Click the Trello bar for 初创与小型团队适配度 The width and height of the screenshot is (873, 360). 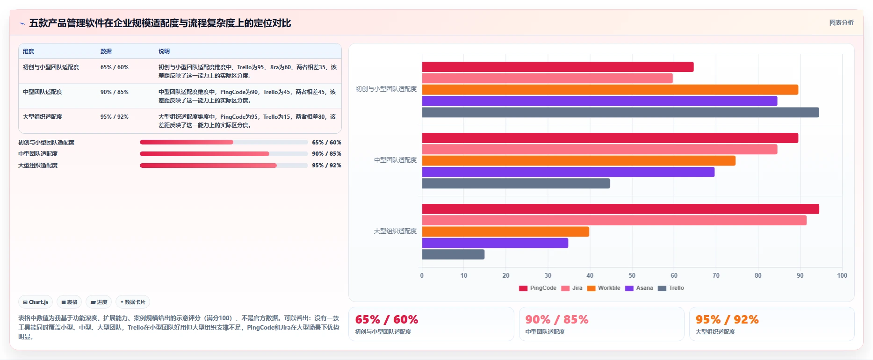pos(620,112)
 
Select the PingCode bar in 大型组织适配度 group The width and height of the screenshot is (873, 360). pos(620,209)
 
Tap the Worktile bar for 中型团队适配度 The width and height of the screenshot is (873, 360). pos(578,161)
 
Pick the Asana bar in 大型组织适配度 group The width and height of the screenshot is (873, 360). pos(495,243)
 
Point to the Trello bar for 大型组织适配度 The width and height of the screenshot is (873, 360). pos(453,254)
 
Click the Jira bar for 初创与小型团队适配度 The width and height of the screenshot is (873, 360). pos(547,78)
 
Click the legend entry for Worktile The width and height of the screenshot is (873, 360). pos(604,288)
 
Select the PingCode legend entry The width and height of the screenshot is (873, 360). pos(538,288)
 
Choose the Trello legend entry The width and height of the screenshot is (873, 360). pos(671,288)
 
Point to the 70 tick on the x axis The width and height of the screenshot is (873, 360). pos(716,275)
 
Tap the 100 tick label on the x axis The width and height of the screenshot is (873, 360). pos(842,275)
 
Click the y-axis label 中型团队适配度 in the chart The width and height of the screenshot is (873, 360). pos(395,160)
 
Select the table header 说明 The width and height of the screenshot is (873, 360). pos(164,51)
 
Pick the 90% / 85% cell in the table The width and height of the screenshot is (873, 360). pos(115,92)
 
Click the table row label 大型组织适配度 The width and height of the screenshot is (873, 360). pos(43,117)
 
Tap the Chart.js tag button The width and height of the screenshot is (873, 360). pos(36,302)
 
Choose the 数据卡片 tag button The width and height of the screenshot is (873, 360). pos(133,302)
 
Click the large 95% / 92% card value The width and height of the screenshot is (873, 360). pos(727,319)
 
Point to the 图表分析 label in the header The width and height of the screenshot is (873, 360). pos(841,22)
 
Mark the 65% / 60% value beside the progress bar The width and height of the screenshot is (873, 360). pos(326,143)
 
